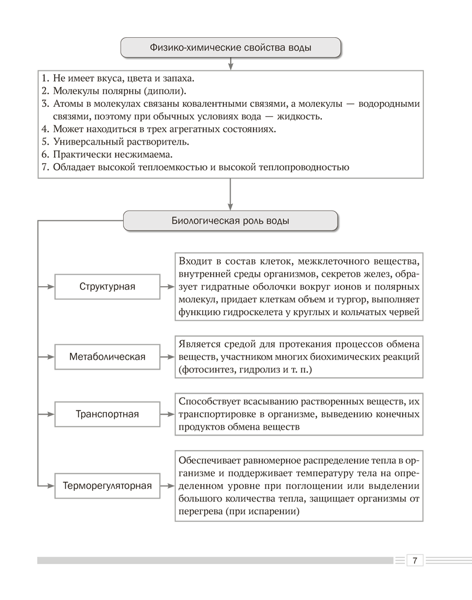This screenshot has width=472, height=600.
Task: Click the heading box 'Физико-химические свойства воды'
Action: click(x=231, y=47)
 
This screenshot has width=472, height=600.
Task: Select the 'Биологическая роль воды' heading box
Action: click(x=231, y=220)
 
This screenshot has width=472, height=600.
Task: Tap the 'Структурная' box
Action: click(x=107, y=286)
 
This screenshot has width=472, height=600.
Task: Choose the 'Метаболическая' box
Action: click(x=107, y=357)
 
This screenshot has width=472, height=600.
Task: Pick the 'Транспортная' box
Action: click(x=107, y=414)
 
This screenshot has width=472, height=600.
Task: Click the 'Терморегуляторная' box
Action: click(x=107, y=485)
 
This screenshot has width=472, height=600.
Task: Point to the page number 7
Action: click(x=415, y=560)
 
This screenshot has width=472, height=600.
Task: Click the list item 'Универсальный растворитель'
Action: click(x=121, y=142)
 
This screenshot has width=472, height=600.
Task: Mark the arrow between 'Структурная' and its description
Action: click(x=168, y=286)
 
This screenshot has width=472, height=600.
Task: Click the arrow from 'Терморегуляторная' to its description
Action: click(x=168, y=485)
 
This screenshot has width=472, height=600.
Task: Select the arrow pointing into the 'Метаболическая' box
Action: click(x=47, y=357)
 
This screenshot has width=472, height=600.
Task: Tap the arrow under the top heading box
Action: click(x=231, y=62)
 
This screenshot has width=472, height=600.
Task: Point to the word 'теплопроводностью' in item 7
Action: click(x=304, y=167)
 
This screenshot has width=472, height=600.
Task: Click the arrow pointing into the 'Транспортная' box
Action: click(x=47, y=414)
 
